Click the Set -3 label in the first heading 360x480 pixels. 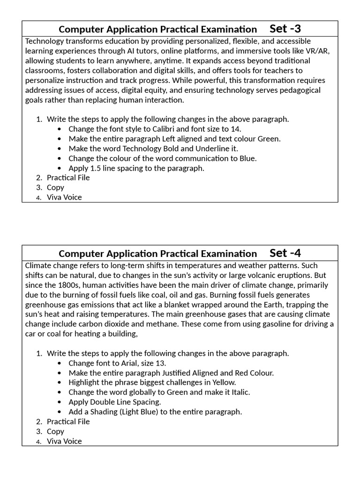tap(285, 29)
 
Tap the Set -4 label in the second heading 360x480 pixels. tap(285, 253)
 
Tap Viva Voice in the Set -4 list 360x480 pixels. tap(64, 441)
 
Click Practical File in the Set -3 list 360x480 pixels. tap(68, 178)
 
